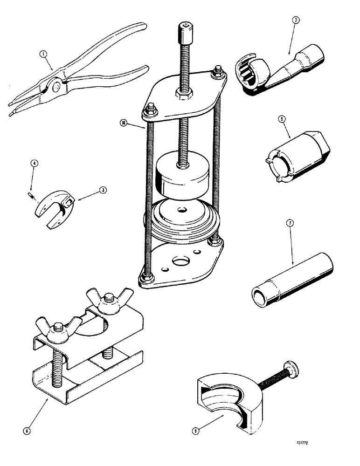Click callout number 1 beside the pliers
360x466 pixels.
(43, 55)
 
